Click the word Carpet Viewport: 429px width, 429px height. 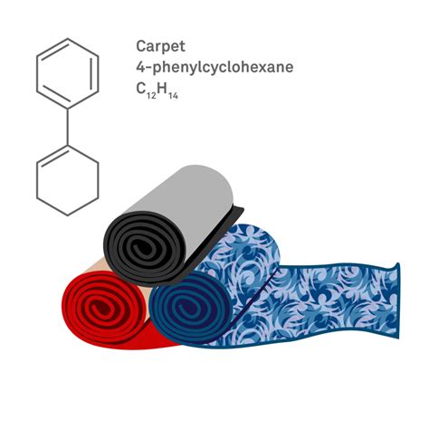coord(160,47)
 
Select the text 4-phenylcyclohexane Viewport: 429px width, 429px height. coord(214,67)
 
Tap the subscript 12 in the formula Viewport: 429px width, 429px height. coord(151,96)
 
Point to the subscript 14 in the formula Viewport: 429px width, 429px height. coord(173,96)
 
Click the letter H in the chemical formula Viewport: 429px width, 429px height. coord(162,89)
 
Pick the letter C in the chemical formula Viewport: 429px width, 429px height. coord(141,89)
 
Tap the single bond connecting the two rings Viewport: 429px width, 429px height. coord(68,127)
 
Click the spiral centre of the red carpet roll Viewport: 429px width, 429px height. coord(97,308)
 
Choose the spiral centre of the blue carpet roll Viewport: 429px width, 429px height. coord(185,309)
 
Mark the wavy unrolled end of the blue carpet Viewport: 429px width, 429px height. coord(397,301)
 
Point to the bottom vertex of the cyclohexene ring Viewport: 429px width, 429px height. coord(68,215)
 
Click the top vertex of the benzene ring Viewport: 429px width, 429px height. coord(68,39)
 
